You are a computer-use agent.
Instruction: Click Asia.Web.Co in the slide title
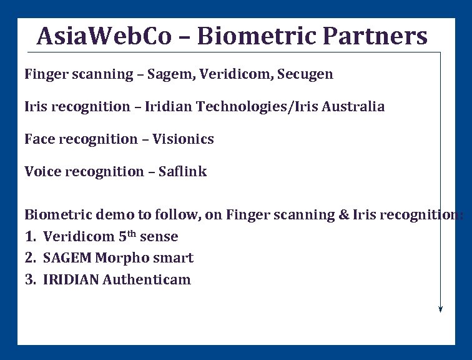pyautogui.click(x=104, y=36)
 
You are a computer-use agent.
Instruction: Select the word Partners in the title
pyautogui.click(x=375, y=36)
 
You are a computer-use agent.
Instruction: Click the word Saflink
pyautogui.click(x=182, y=172)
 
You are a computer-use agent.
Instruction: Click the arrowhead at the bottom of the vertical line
pyautogui.click(x=441, y=307)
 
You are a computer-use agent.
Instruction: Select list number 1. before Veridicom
pyautogui.click(x=31, y=237)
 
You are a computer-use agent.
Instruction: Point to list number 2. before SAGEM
pyautogui.click(x=31, y=258)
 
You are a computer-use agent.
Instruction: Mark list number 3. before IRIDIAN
pyautogui.click(x=31, y=279)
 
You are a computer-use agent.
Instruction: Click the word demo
pyautogui.click(x=117, y=215)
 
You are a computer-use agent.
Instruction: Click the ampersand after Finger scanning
pyautogui.click(x=344, y=215)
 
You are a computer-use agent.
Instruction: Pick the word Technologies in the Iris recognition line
pyautogui.click(x=237, y=107)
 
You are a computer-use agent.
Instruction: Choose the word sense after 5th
pyautogui.click(x=159, y=237)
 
